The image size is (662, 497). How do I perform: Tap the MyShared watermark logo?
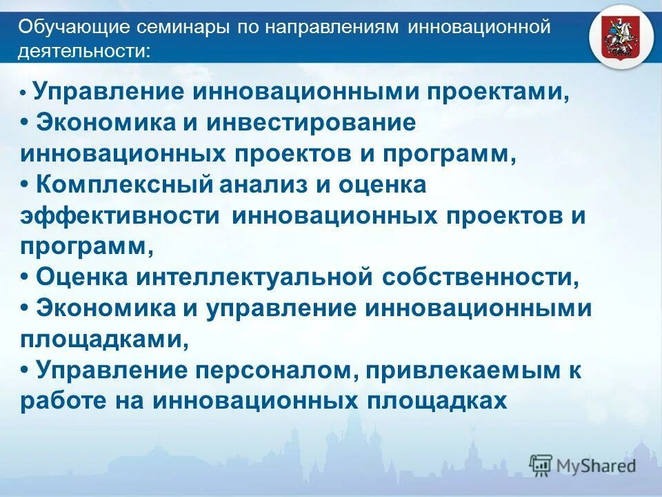(583, 465)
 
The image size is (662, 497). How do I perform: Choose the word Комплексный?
(123, 185)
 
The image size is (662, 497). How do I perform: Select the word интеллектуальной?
(253, 277)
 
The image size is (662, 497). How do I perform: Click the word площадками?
(104, 340)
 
